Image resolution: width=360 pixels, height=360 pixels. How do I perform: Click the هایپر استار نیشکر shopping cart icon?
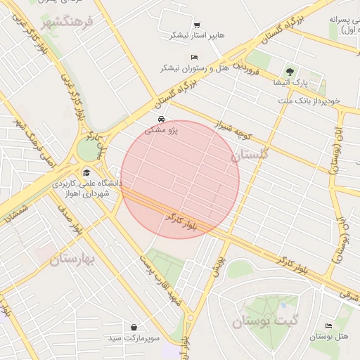click(196, 25)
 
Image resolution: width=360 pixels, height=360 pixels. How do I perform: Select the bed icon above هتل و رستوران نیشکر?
click(195, 57)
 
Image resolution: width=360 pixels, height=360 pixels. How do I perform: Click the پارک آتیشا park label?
click(289, 82)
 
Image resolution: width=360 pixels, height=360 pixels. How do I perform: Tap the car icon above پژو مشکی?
click(162, 119)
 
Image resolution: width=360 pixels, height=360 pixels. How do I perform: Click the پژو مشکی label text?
click(162, 130)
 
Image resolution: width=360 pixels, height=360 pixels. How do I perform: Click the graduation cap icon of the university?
click(86, 172)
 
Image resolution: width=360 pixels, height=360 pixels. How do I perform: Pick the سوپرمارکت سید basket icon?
click(134, 327)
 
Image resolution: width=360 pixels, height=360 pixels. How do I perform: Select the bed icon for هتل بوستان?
click(329, 325)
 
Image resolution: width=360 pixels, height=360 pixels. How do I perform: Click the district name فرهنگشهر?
click(67, 23)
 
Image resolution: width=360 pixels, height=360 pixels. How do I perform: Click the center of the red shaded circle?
click(180, 179)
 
